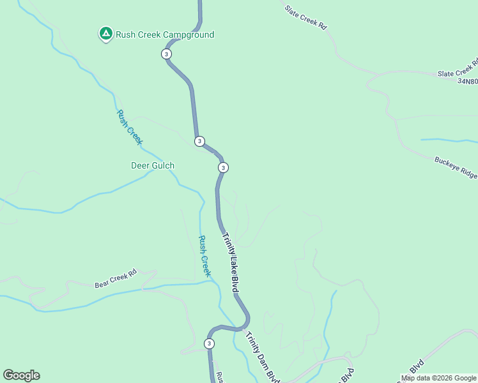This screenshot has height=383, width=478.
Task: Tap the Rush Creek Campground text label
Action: coord(165,35)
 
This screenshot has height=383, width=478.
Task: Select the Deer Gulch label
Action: coord(153,165)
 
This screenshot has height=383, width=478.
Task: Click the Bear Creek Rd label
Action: coord(116,279)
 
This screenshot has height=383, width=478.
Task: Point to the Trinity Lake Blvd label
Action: coord(230,262)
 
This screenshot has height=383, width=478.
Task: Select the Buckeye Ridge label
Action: coord(456,168)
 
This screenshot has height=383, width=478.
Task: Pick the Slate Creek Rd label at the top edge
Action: coord(305,18)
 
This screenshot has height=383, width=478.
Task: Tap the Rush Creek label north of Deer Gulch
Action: coord(128,126)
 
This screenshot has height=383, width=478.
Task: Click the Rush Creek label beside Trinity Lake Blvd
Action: coord(204,256)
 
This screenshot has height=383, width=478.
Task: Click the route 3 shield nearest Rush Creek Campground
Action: coord(167,54)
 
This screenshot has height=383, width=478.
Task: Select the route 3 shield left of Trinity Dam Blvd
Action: coord(209,343)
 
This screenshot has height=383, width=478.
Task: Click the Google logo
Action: coord(21,375)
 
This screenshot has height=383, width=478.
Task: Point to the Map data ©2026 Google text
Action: coord(438,378)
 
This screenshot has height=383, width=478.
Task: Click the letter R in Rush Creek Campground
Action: coord(119,35)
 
